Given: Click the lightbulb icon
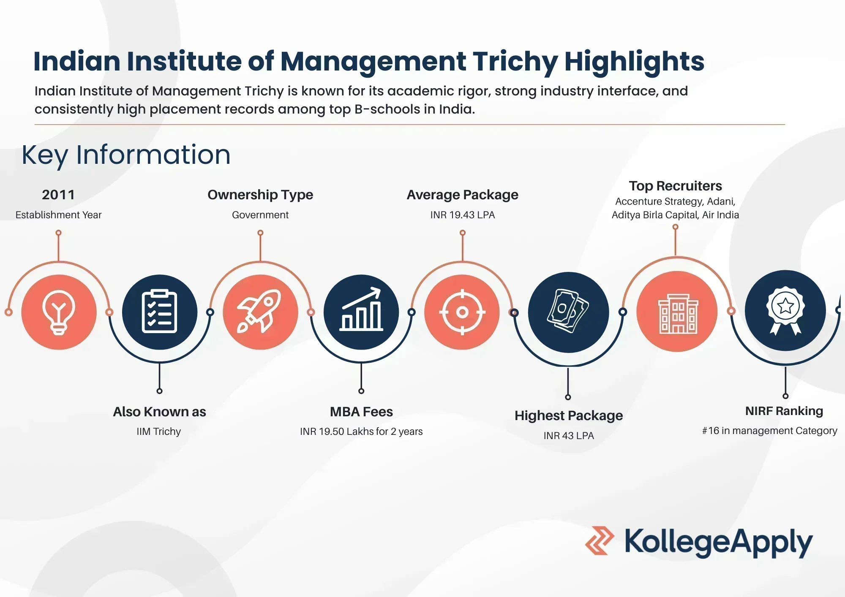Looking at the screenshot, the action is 59,312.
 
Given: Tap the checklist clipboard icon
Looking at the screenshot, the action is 159,312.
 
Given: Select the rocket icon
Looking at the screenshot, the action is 259,311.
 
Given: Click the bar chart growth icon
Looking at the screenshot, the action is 362,309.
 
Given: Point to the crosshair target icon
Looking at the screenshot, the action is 462,312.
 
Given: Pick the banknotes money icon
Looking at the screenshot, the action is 568,311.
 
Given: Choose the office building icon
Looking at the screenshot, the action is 678,314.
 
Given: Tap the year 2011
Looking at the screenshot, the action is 58,195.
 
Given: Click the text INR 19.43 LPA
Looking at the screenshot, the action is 463,215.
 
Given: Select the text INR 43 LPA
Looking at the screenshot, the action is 569,436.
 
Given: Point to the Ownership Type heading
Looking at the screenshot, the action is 260,195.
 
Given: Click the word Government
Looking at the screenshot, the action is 260,215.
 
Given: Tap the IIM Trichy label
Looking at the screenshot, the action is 159,431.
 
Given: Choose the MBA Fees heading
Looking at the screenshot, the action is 361,412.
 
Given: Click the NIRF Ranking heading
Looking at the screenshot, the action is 784,411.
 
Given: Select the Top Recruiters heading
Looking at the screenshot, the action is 675,186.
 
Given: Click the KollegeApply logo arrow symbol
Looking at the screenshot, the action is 600,540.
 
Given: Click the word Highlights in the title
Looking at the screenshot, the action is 634,62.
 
